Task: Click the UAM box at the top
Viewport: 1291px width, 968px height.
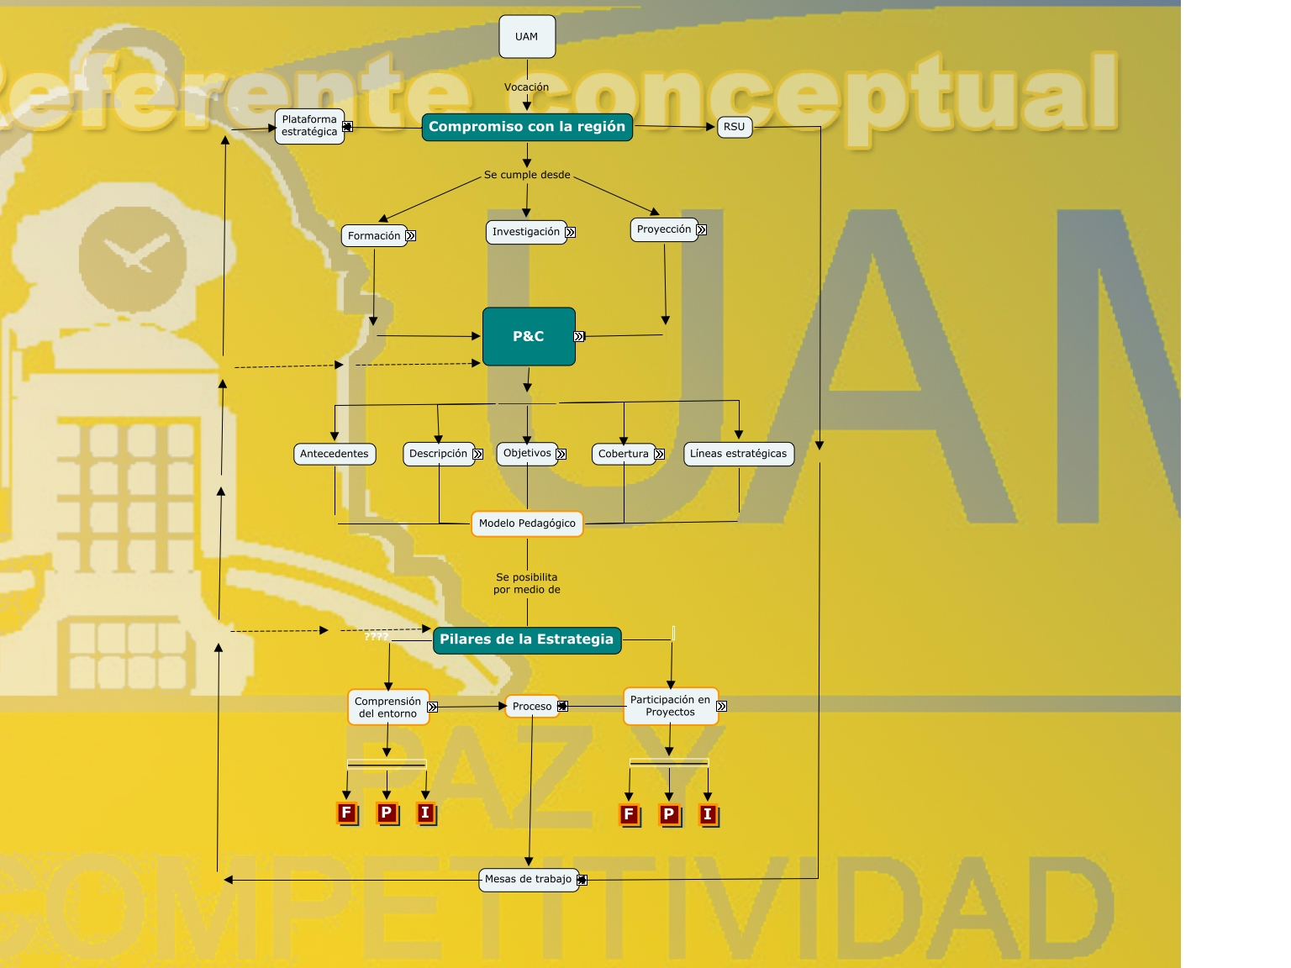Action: (x=527, y=37)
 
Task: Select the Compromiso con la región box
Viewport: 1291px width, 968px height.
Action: (x=527, y=127)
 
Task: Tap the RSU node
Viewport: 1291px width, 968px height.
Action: (x=734, y=127)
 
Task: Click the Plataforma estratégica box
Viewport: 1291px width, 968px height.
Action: (x=309, y=126)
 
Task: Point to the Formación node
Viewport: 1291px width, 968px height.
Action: (x=374, y=236)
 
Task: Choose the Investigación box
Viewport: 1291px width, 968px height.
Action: (x=526, y=232)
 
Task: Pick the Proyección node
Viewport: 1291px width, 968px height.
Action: (x=664, y=229)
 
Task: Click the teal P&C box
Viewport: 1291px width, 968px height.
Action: (x=529, y=336)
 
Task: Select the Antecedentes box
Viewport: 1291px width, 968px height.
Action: (x=335, y=454)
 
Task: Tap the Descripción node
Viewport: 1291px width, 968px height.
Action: (x=438, y=454)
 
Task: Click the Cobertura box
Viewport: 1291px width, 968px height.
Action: (x=624, y=454)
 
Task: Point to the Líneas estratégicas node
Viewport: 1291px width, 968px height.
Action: (x=738, y=454)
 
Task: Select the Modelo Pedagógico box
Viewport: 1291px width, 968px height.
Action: (x=527, y=523)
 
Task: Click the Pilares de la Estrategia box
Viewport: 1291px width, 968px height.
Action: (x=527, y=639)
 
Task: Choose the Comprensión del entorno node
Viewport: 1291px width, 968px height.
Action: (x=387, y=708)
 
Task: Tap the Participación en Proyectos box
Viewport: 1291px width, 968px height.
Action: (x=670, y=706)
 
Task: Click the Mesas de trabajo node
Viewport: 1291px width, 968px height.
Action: (x=528, y=880)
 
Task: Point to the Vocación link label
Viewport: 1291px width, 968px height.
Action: (x=526, y=87)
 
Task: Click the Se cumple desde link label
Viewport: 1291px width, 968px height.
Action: (x=527, y=175)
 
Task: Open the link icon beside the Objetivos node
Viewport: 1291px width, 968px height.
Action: (x=561, y=454)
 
